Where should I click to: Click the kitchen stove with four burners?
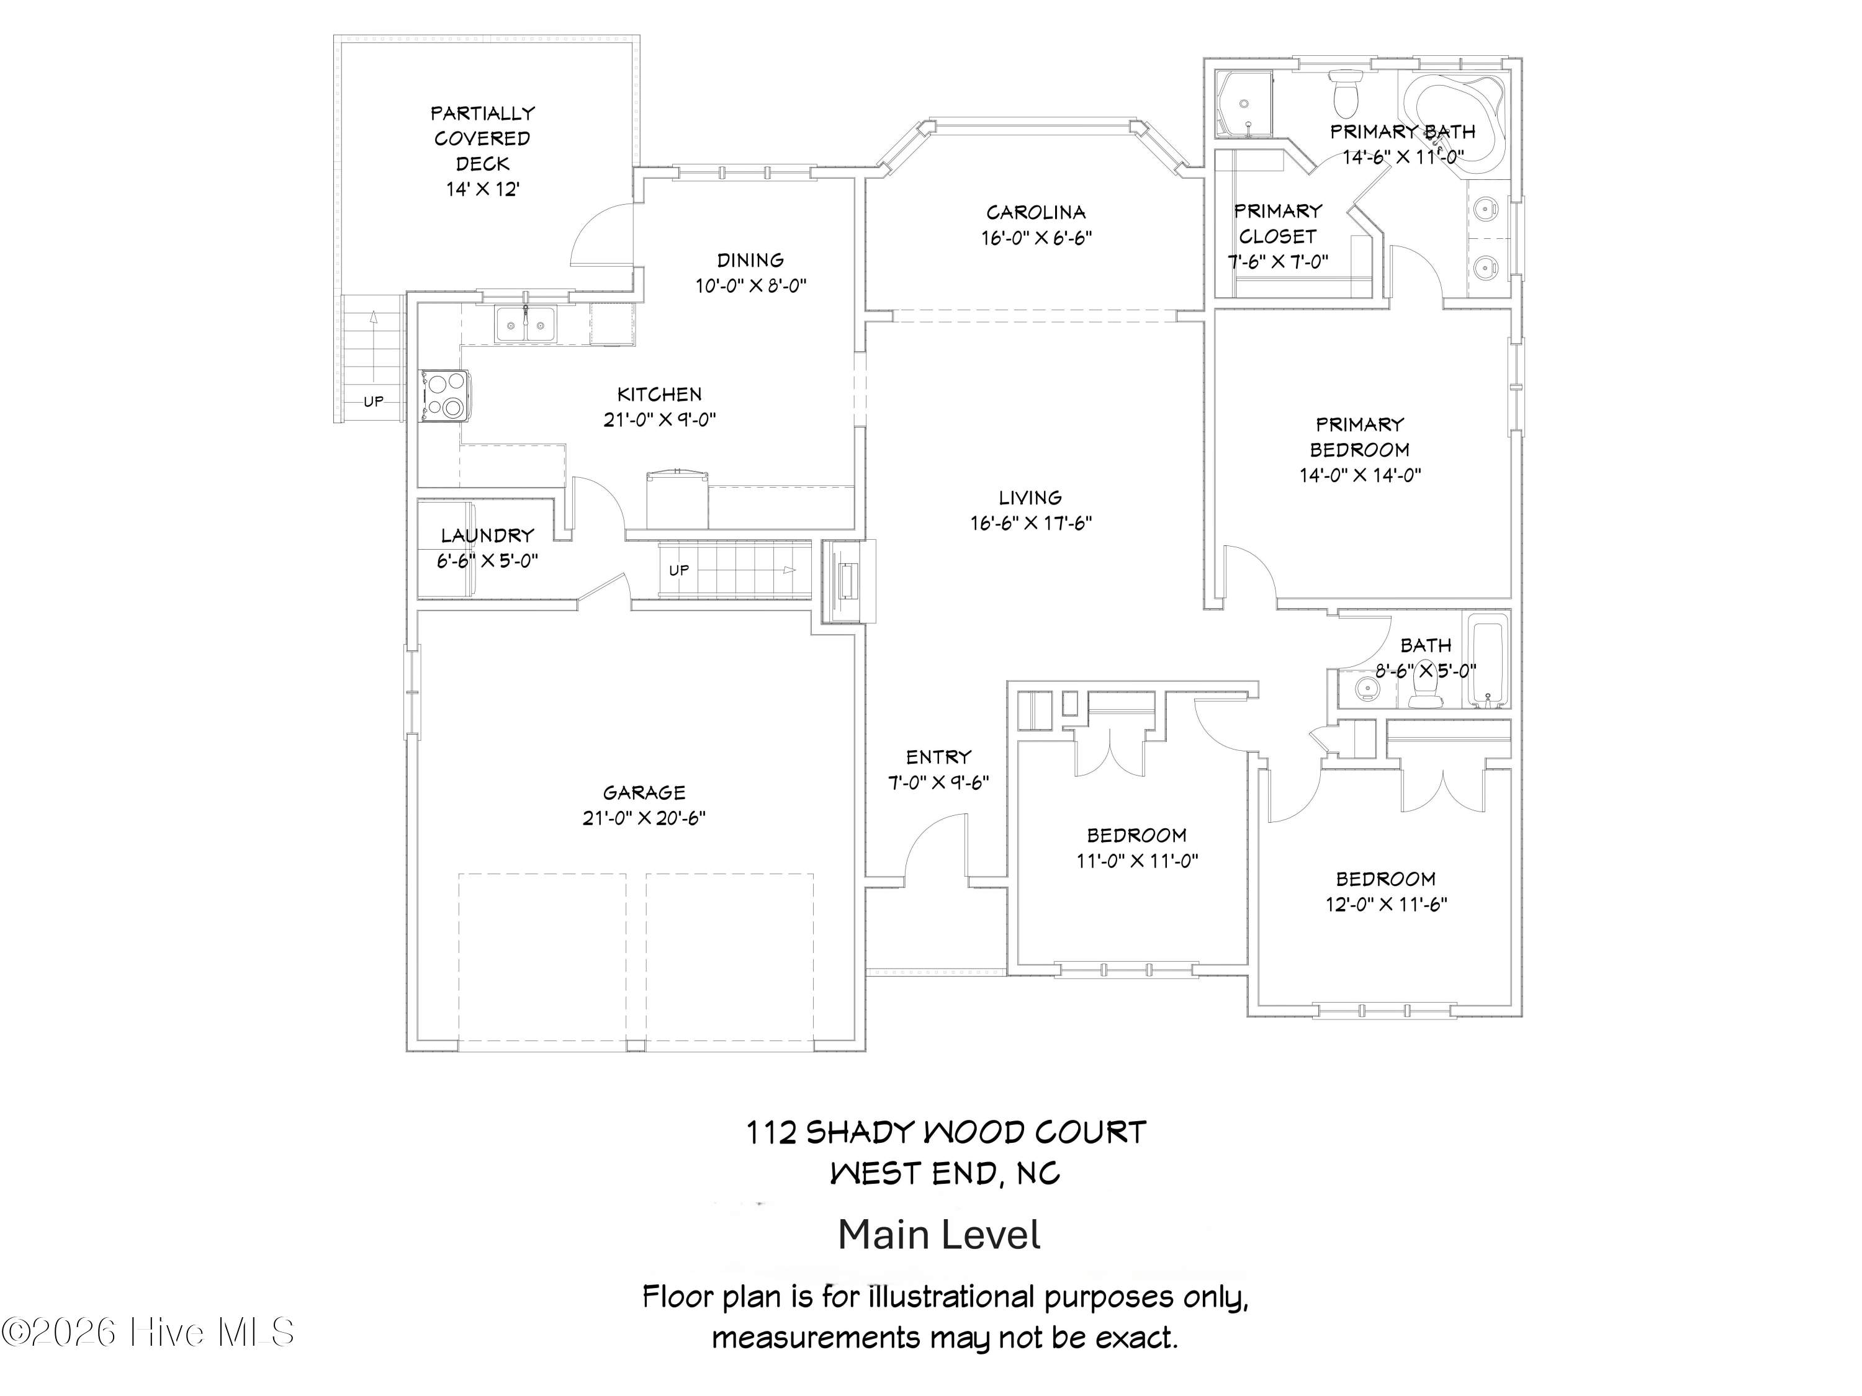pyautogui.click(x=445, y=395)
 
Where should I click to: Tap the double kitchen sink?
pyautogui.click(x=525, y=324)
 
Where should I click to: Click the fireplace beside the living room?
pyautogui.click(x=847, y=581)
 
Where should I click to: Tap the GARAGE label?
pyautogui.click(x=644, y=792)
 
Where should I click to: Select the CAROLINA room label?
pyautogui.click(x=1035, y=212)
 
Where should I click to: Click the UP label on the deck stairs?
pyautogui.click(x=373, y=401)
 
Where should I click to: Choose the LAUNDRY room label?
pyautogui.click(x=487, y=535)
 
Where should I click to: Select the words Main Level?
pyautogui.click(x=938, y=1235)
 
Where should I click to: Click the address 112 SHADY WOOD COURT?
pyautogui.click(x=945, y=1132)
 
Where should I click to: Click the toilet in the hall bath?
pyautogui.click(x=1423, y=692)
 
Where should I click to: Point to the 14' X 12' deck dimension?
pyautogui.click(x=482, y=189)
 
